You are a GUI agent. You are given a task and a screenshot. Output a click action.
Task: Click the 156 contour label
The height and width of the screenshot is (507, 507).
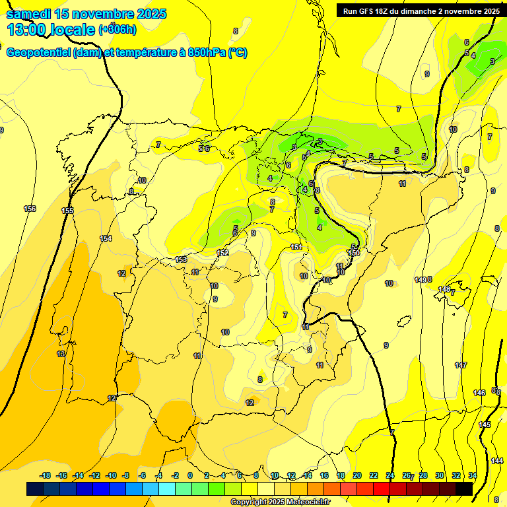pyautogui.click(x=30, y=209)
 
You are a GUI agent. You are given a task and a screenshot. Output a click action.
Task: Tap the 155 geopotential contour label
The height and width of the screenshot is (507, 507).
pyautogui.click(x=67, y=211)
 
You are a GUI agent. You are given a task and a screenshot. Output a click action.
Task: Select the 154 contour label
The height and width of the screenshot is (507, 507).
pyautogui.click(x=106, y=238)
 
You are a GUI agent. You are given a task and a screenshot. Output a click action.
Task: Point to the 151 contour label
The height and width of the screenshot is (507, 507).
pyautogui.click(x=296, y=248)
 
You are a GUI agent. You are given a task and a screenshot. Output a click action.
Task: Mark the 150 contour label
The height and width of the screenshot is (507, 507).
pyautogui.click(x=354, y=253)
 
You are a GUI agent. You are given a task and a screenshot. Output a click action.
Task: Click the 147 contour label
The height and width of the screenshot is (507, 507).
pyautogui.click(x=461, y=365)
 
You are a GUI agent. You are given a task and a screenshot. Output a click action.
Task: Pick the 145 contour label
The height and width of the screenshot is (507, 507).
pyautogui.click(x=485, y=424)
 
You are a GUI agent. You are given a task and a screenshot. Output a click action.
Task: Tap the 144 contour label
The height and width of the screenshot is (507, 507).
pyautogui.click(x=497, y=461)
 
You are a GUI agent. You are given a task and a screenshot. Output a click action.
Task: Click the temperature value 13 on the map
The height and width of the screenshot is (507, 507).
pyautogui.click(x=61, y=355)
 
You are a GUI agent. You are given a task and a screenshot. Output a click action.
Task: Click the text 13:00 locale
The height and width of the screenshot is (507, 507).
pyautogui.click(x=50, y=29)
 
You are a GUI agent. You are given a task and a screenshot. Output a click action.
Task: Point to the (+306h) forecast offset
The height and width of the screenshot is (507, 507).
pyautogui.click(x=118, y=29)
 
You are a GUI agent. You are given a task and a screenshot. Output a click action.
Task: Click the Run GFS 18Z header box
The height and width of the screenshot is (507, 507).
pyautogui.click(x=419, y=11)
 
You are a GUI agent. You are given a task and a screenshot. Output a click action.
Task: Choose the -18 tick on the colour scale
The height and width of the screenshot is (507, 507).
pyautogui.click(x=46, y=475)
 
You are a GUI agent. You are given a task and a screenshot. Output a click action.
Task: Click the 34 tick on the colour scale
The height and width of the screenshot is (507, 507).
pyautogui.click(x=473, y=475)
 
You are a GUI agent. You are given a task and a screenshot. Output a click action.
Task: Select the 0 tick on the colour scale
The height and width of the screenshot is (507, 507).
pyautogui.click(x=190, y=475)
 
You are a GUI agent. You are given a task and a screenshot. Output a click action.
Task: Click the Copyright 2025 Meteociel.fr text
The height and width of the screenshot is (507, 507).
pyautogui.click(x=280, y=502)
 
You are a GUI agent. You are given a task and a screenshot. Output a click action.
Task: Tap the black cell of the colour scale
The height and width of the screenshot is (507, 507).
pyautogui.click(x=464, y=489)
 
